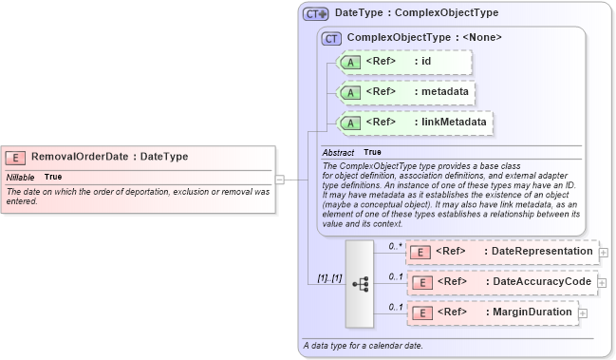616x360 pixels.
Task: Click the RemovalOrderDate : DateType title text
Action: point(110,158)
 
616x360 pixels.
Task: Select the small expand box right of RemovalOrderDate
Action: point(280,177)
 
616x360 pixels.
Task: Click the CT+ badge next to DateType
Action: point(316,14)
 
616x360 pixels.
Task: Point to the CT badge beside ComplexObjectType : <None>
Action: point(331,38)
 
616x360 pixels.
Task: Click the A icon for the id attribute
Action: point(349,62)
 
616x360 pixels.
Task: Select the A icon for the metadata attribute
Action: point(349,92)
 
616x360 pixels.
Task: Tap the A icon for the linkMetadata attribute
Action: point(349,123)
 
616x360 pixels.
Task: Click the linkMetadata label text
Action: point(454,123)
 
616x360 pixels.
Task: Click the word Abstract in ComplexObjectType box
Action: point(338,152)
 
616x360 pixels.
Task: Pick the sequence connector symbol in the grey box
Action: point(361,283)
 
